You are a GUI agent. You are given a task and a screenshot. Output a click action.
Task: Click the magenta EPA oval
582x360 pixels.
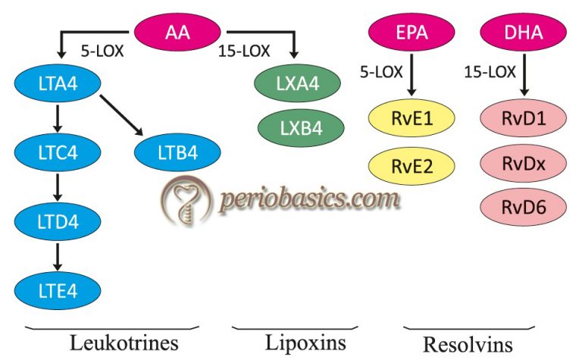(x=411, y=33)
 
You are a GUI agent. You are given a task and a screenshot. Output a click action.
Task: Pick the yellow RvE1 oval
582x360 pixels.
(x=411, y=119)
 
